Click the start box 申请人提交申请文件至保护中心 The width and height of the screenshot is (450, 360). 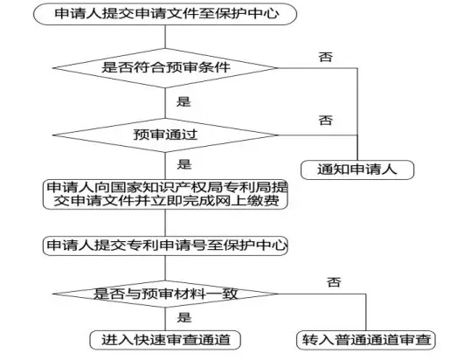coord(165,14)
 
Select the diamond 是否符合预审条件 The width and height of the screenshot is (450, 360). coord(165,68)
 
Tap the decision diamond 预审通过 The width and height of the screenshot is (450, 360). coord(165,135)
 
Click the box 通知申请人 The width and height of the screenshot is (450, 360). coord(357,170)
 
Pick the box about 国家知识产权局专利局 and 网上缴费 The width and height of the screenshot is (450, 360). coord(165,194)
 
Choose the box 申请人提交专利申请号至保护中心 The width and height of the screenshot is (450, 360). coord(165,246)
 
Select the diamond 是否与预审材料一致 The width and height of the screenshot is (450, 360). coord(165,294)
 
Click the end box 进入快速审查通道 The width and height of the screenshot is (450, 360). coord(165,340)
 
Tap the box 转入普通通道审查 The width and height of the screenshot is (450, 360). coord(366,340)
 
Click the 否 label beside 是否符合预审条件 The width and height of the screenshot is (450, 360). coord(325,57)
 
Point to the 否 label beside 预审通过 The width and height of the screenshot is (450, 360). coord(325,120)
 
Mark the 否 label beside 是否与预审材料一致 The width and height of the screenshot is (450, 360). coord(334,282)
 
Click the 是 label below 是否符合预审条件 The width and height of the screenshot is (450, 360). coord(183,101)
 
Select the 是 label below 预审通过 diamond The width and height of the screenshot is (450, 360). coord(184,164)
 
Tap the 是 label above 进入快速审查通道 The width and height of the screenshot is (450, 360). coord(184,317)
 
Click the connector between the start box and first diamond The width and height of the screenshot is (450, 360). coord(165,37)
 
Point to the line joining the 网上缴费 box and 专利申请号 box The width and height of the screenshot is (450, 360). coord(165,223)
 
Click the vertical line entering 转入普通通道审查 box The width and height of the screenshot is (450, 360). coord(366,312)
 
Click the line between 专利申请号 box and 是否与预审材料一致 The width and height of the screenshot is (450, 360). coord(165,268)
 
